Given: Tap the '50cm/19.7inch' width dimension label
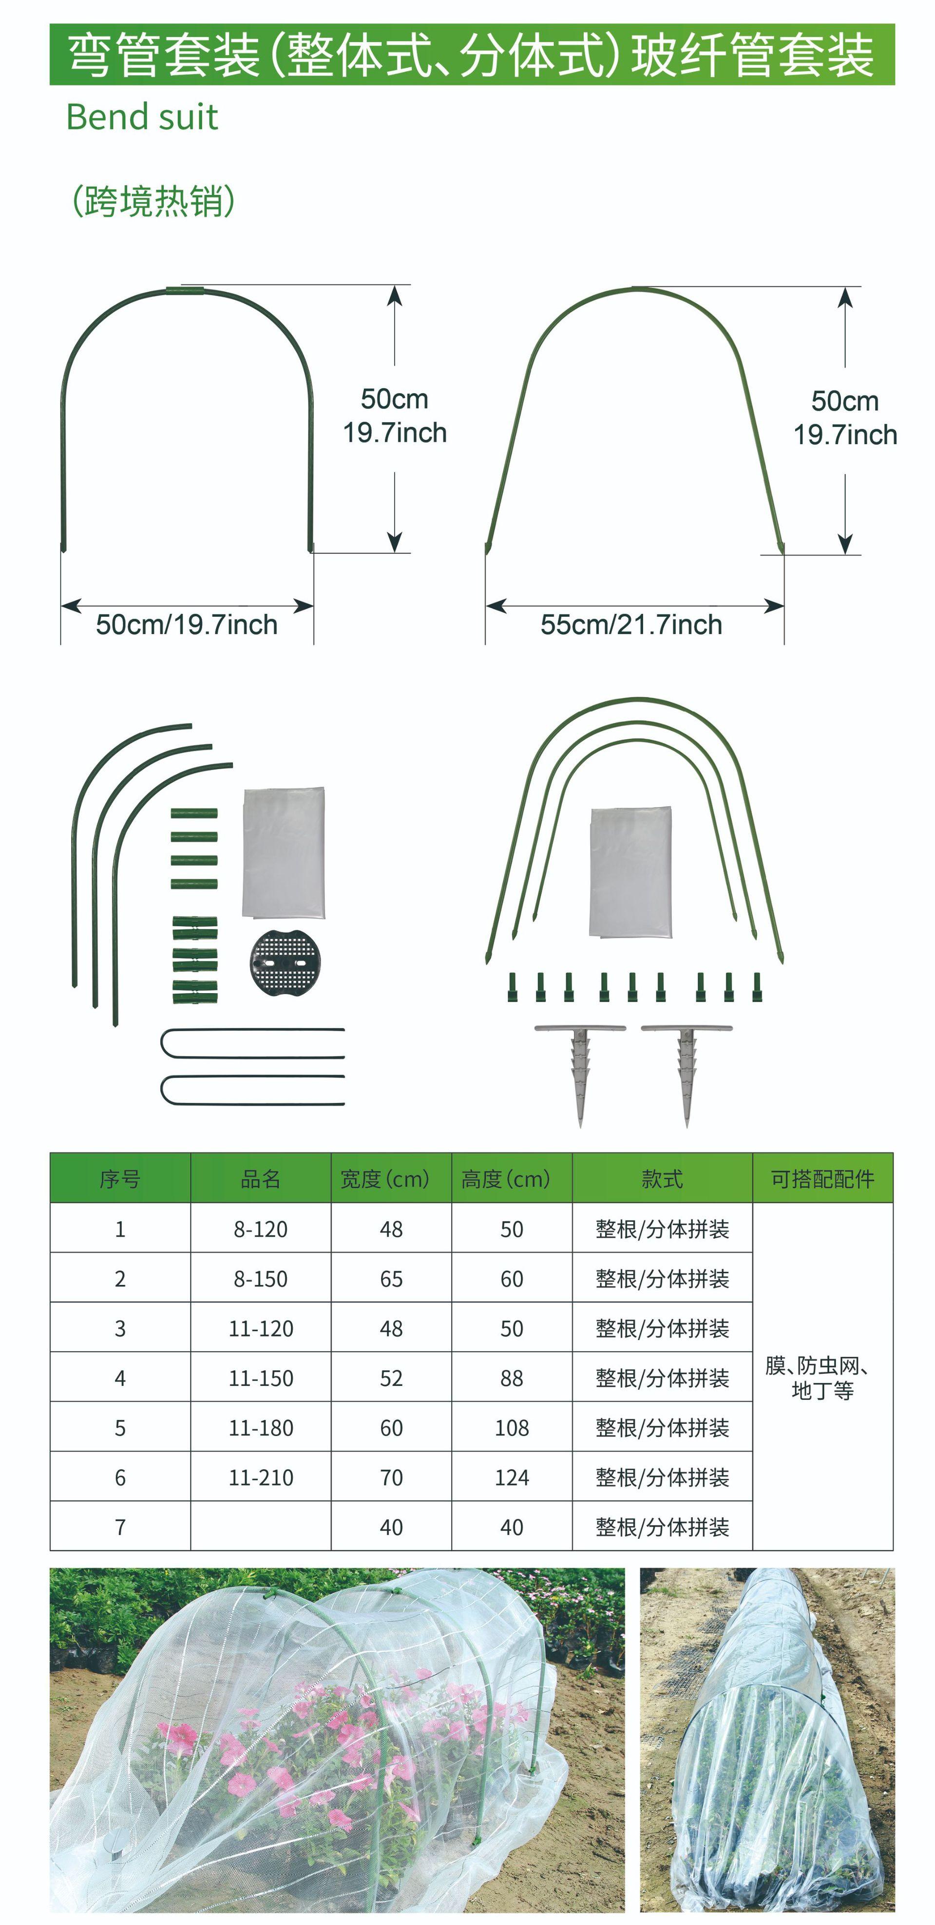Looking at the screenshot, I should pyautogui.click(x=186, y=625).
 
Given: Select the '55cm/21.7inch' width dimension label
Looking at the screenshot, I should pyautogui.click(x=631, y=625).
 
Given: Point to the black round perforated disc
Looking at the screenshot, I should pyautogui.click(x=285, y=962).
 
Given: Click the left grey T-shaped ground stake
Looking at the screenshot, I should pyautogui.click(x=580, y=1069).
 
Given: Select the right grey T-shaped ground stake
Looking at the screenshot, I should pyautogui.click(x=686, y=1069).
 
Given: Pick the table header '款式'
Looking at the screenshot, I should pyautogui.click(x=662, y=1179).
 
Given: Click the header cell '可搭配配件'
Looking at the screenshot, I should pyautogui.click(x=822, y=1179).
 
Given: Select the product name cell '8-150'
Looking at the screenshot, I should pyautogui.click(x=260, y=1279).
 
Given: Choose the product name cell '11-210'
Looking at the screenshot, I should pyautogui.click(x=260, y=1477).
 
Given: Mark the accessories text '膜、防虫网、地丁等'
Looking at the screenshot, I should pyautogui.click(x=821, y=1378).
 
